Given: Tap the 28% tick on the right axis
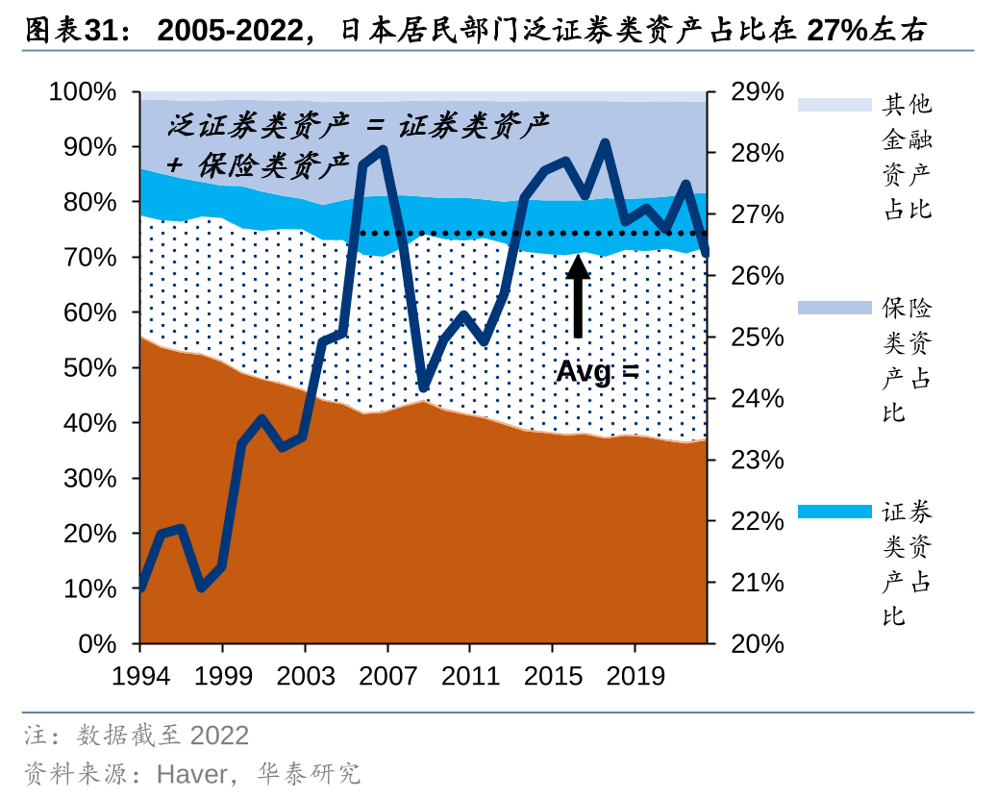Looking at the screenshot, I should coord(757,154).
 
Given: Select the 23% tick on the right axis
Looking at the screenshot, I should coord(757,461).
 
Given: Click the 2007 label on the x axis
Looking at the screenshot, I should coord(386,676).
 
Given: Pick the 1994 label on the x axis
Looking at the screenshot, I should coord(140,676).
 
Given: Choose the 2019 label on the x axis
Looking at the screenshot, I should coord(634,676).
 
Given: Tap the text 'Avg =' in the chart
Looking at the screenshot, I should coord(597,371).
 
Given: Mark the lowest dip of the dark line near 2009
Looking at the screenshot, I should coord(423,387).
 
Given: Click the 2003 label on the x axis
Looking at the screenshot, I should coord(305,676).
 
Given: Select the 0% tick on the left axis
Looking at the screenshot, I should coord(96,644).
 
